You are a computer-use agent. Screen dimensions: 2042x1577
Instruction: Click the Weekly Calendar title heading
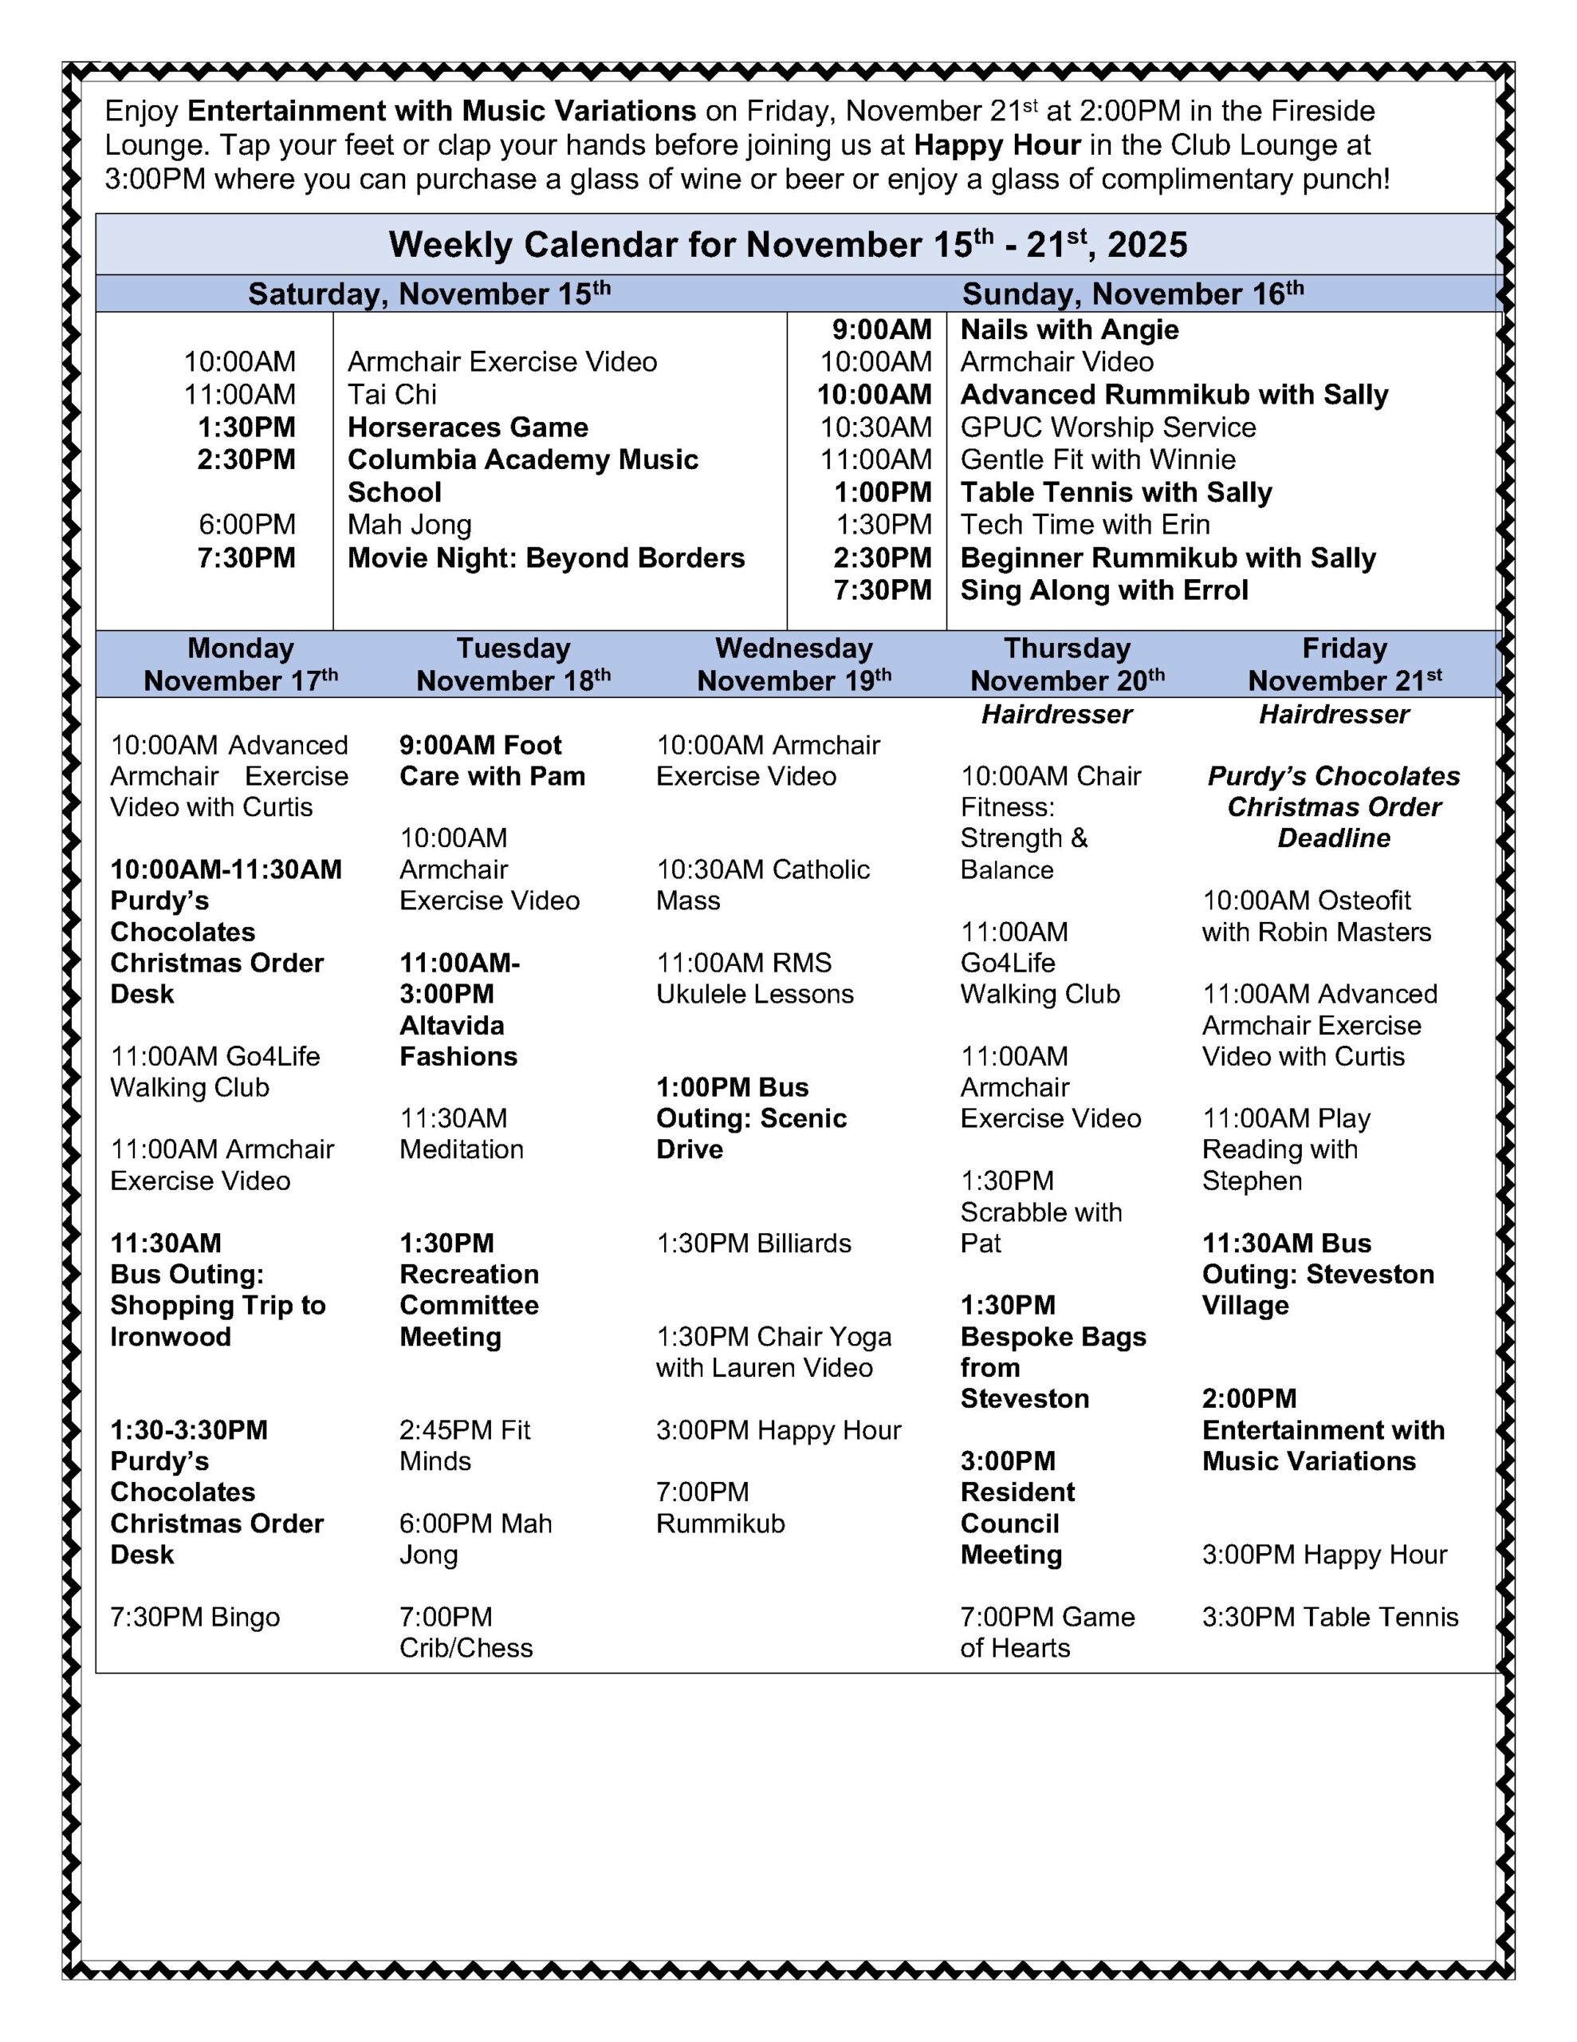coord(788,245)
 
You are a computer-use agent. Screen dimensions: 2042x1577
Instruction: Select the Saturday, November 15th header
coord(429,294)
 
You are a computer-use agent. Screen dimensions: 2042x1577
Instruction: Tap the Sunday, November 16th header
coord(1132,294)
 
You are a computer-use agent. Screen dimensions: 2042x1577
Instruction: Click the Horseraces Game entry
coord(467,428)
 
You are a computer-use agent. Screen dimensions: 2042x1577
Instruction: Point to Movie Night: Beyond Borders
coord(546,558)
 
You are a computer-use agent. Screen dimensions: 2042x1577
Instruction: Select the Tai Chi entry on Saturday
coord(391,395)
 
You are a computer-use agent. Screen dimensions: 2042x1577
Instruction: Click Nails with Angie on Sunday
coord(1069,330)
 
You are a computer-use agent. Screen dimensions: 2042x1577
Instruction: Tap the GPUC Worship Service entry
coord(1107,428)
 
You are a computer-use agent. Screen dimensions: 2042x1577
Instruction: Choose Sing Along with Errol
coord(1104,591)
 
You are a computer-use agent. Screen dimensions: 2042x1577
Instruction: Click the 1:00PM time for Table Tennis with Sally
coord(883,493)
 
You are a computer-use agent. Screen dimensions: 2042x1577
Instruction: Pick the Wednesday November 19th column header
coord(793,664)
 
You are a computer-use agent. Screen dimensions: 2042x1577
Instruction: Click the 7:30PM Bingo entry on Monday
coord(195,1617)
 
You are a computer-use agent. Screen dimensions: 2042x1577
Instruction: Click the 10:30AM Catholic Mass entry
coord(762,885)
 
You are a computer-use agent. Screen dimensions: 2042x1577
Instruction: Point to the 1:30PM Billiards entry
coord(753,1244)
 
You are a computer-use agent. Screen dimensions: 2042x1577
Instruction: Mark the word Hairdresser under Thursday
coord(1056,715)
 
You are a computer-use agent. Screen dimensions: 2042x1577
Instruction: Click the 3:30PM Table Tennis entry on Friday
coord(1329,1617)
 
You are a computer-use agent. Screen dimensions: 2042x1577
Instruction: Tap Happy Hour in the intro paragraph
coord(997,146)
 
